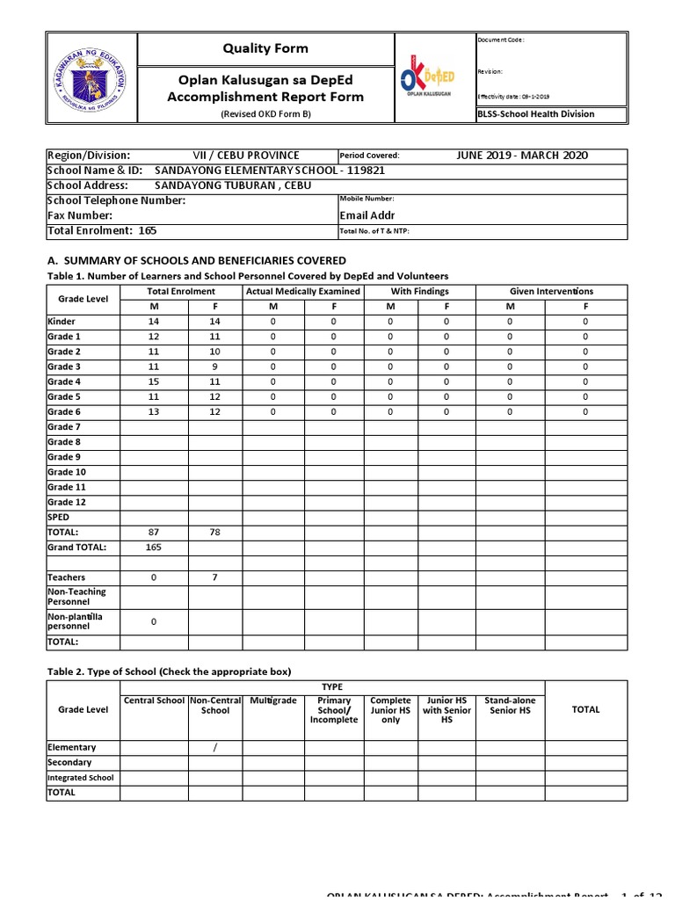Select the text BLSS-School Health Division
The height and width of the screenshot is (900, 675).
pos(535,114)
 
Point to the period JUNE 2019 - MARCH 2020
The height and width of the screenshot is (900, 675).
pos(522,156)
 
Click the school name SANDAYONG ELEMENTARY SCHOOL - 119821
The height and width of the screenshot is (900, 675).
pos(270,171)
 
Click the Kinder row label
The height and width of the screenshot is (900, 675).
pos(62,322)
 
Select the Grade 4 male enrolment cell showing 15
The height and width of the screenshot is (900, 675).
pos(154,381)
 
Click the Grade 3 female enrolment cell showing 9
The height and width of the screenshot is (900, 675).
pos(215,367)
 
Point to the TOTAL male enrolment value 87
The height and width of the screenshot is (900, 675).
pos(154,532)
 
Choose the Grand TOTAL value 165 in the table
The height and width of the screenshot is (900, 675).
pos(154,547)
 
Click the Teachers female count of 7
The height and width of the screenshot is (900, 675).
pos(215,577)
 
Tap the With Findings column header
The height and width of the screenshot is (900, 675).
pos(419,291)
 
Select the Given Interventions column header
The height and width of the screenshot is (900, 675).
pos(551,291)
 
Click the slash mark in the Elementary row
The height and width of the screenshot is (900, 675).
pos(215,747)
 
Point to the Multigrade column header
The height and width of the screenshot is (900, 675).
pos(273,700)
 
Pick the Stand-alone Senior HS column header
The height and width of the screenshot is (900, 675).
pos(509,705)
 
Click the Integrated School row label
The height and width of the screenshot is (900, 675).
pos(81,778)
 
